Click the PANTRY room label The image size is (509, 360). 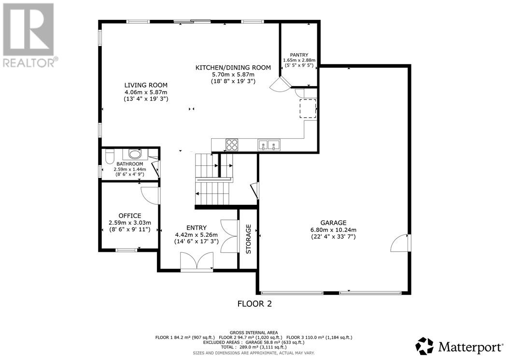click(299, 55)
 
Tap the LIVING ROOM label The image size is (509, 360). click(146, 85)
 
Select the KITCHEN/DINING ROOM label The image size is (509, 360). click(233, 68)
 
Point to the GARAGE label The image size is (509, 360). click(333, 223)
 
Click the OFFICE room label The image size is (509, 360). click(130, 216)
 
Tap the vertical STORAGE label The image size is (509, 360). click(248, 239)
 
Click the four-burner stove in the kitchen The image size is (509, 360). click(232, 144)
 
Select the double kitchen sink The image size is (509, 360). click(269, 145)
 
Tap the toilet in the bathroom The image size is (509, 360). click(110, 157)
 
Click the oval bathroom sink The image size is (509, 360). click(135, 153)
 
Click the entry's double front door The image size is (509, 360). click(197, 261)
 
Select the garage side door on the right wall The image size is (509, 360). click(400, 243)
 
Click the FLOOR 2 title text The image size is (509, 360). click(254, 304)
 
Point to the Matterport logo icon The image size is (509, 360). click(424, 346)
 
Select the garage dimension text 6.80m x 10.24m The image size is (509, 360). click(333, 230)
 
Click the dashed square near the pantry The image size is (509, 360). click(308, 109)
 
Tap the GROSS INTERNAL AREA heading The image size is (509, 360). click(254, 332)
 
